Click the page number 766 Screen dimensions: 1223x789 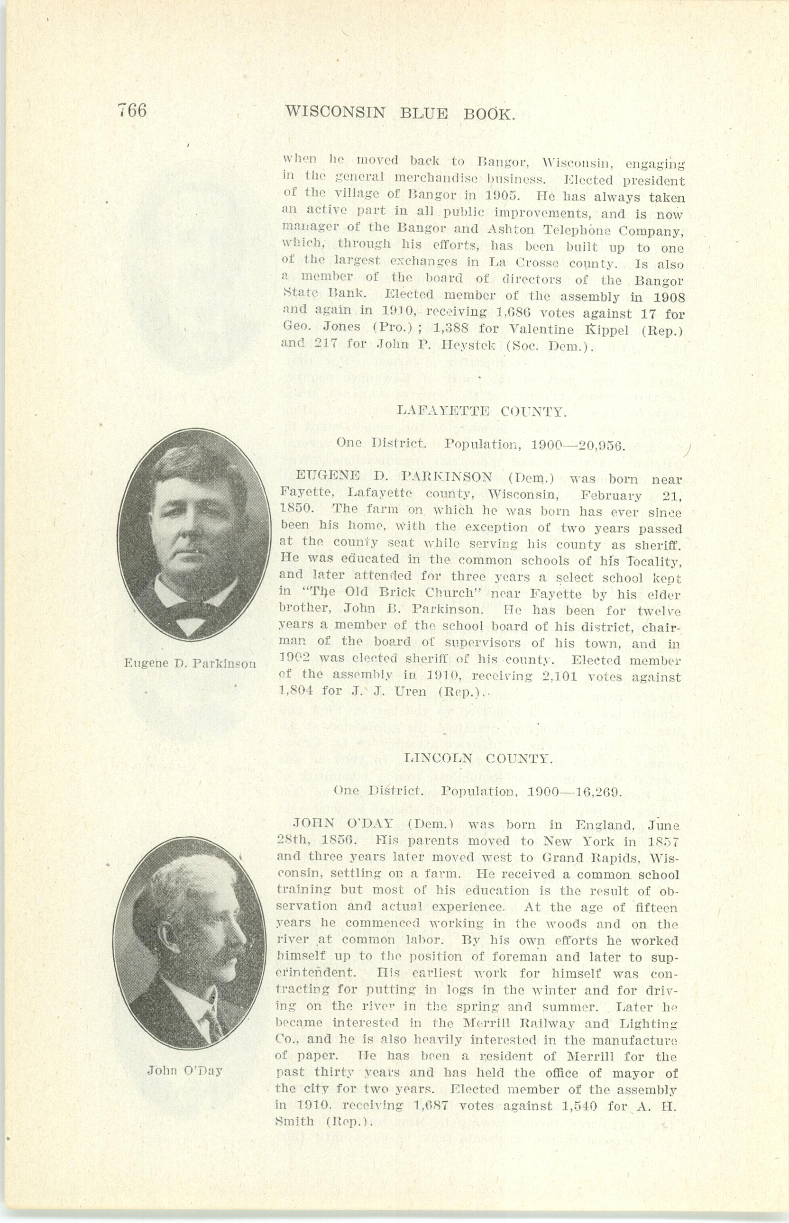pyautogui.click(x=132, y=110)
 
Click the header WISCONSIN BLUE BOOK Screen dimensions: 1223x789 pyautogui.click(x=400, y=113)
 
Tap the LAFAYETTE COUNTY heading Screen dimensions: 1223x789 pyautogui.click(x=481, y=411)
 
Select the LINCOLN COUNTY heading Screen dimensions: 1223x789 pyautogui.click(x=478, y=758)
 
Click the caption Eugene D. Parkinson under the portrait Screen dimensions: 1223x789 pyautogui.click(x=190, y=664)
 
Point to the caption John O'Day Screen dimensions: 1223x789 pyautogui.click(x=185, y=1070)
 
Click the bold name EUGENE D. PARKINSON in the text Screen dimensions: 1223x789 pyautogui.click(x=386, y=477)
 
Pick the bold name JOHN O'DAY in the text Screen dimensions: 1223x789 pyautogui.click(x=343, y=823)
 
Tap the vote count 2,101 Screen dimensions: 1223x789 pyautogui.click(x=560, y=677)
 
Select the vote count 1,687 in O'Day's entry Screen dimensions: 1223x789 pyautogui.click(x=431, y=1105)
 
